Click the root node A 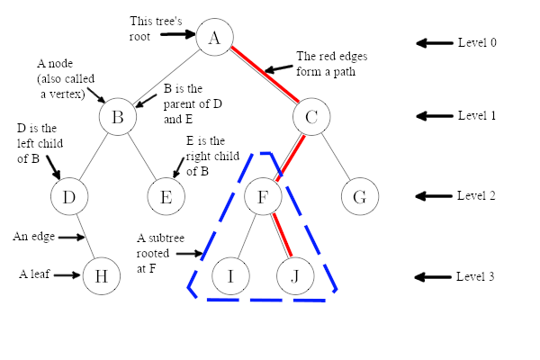click(x=214, y=37)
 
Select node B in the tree click(x=118, y=117)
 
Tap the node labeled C click(x=311, y=117)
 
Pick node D click(x=68, y=196)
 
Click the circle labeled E click(x=166, y=196)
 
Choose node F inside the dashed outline click(x=263, y=196)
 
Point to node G click(x=359, y=196)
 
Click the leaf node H click(x=101, y=276)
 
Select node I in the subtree click(x=230, y=276)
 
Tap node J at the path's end click(x=295, y=276)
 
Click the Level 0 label click(x=476, y=43)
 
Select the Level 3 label click(x=476, y=277)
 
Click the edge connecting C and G click(x=335, y=156)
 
